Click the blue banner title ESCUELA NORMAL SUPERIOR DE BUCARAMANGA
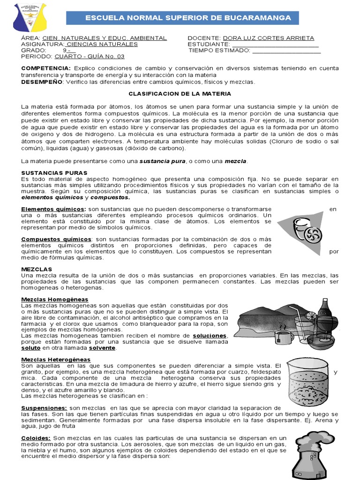[187, 18]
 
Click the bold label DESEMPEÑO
[42, 82]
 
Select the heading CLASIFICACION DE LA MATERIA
[180, 94]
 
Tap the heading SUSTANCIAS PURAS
[54, 173]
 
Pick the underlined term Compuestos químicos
[56, 239]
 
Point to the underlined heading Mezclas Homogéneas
[55, 300]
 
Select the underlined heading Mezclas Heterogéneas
[56, 360]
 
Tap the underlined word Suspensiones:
[44, 408]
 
